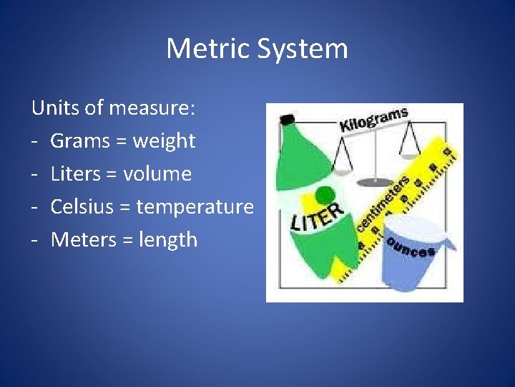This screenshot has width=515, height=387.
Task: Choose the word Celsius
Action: [82, 207]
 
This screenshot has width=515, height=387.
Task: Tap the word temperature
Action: [195, 207]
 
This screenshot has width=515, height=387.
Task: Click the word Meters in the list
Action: [84, 240]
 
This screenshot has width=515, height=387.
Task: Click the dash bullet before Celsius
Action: [35, 207]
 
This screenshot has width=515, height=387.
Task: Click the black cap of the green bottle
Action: [288, 118]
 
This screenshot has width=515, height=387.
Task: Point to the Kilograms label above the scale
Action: [373, 120]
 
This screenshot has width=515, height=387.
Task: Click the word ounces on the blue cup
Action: [410, 247]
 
